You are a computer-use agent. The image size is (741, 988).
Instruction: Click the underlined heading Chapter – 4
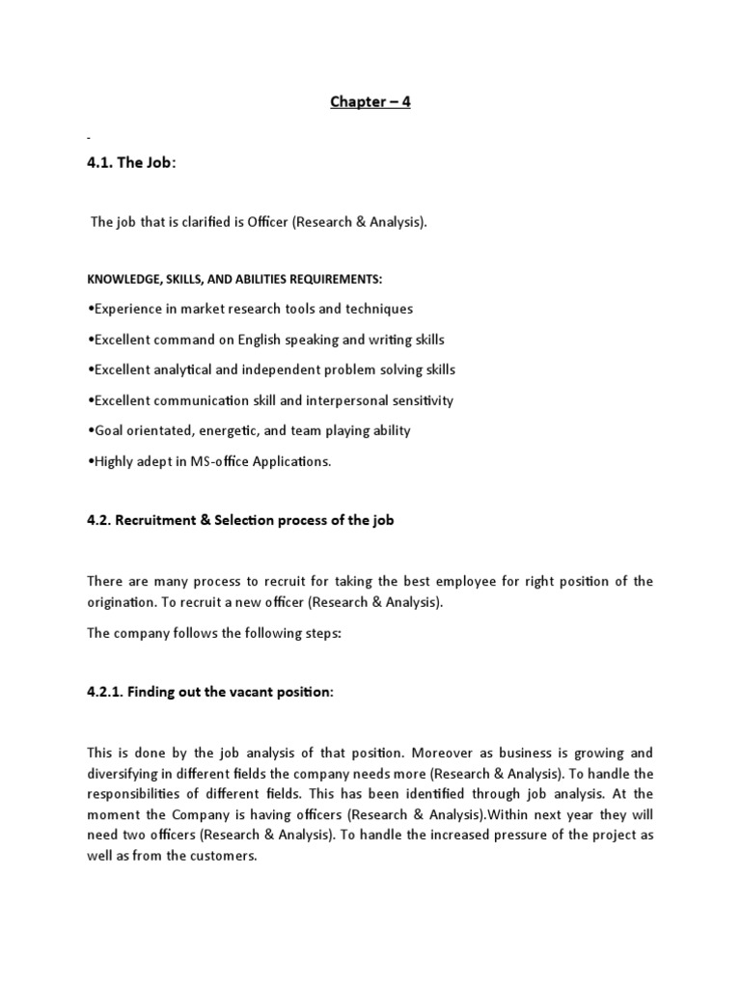tap(370, 101)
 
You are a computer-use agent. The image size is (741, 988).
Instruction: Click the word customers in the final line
tap(223, 854)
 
